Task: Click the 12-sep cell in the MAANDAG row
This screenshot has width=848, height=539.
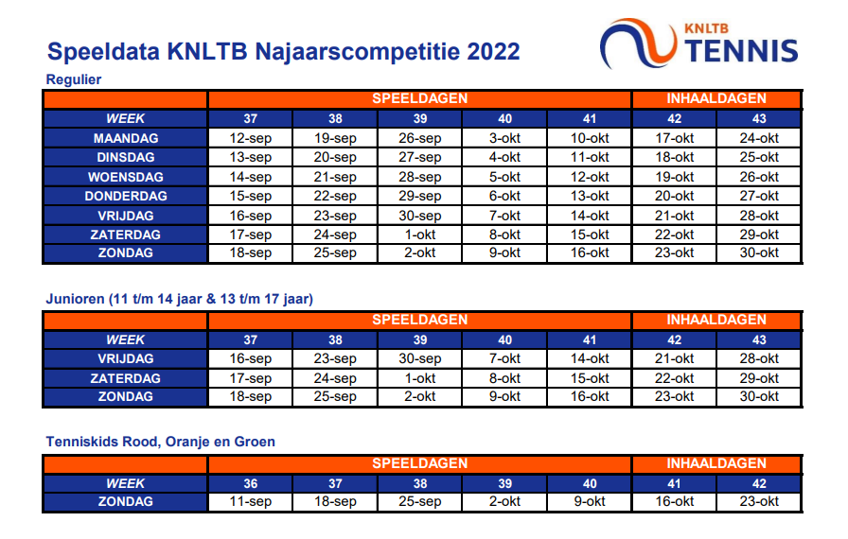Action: [x=250, y=138]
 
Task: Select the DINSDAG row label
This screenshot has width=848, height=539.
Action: [x=126, y=157]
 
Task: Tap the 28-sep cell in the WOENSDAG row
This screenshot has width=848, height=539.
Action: [x=419, y=177]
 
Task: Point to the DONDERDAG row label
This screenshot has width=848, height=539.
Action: [x=126, y=196]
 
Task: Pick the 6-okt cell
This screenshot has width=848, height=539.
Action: [x=504, y=196]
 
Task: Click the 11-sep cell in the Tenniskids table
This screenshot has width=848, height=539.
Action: [x=250, y=502]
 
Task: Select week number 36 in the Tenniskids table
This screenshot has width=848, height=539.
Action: [x=251, y=483]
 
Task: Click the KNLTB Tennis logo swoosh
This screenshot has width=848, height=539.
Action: [x=638, y=43]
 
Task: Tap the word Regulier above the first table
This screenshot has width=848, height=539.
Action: [x=74, y=79]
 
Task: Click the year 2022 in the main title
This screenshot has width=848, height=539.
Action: [x=493, y=52]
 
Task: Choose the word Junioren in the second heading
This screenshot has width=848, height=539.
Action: [x=75, y=299]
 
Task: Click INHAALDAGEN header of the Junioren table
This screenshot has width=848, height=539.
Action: [x=716, y=320]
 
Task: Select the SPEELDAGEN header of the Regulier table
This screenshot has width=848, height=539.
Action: [x=419, y=98]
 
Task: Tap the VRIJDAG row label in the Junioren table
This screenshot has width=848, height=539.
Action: [x=126, y=358]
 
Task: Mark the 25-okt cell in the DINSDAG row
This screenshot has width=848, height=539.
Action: [x=759, y=157]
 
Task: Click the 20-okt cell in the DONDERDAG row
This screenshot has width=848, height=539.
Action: [x=674, y=196]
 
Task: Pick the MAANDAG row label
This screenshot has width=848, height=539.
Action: [x=126, y=138]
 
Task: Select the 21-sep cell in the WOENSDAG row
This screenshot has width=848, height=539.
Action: [x=335, y=177]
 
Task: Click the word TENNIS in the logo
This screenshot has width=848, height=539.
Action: [x=741, y=51]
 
